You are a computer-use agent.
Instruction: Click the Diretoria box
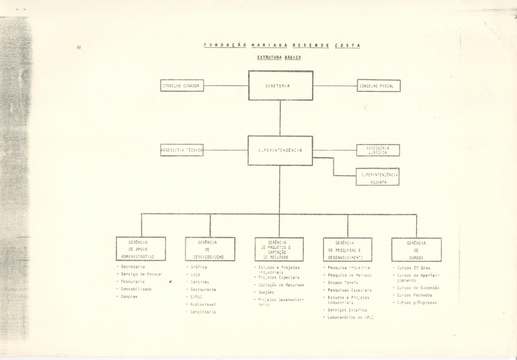(280, 85)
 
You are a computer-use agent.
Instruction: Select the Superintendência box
(280, 151)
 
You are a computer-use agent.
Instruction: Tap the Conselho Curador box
(182, 85)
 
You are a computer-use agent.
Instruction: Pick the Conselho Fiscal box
(379, 85)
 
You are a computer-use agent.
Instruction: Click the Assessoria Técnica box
(182, 150)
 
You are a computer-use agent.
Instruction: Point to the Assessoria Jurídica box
(378, 150)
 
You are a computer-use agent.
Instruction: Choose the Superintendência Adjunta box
(377, 177)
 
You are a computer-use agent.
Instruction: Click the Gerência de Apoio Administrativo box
(141, 249)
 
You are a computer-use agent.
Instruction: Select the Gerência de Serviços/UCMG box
(210, 249)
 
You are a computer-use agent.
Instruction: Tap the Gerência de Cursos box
(416, 249)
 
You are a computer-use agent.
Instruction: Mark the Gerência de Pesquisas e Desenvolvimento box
(348, 249)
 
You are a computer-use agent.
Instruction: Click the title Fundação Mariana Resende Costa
(282, 45)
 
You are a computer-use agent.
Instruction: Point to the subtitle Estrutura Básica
(279, 58)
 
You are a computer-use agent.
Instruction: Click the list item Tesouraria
(132, 282)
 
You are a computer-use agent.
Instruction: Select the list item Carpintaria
(202, 312)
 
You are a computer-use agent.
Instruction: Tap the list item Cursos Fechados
(414, 295)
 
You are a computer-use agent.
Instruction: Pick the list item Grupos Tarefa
(343, 282)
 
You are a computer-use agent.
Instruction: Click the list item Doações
(266, 292)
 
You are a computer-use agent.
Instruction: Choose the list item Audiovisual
(202, 304)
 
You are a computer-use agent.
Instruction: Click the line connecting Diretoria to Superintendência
(280, 118)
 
